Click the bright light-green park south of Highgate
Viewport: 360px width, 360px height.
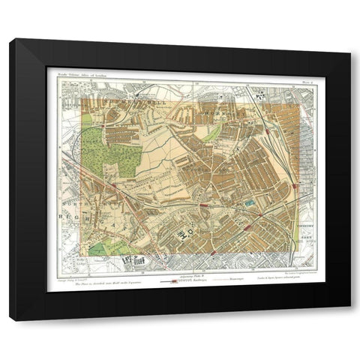[105, 248]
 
